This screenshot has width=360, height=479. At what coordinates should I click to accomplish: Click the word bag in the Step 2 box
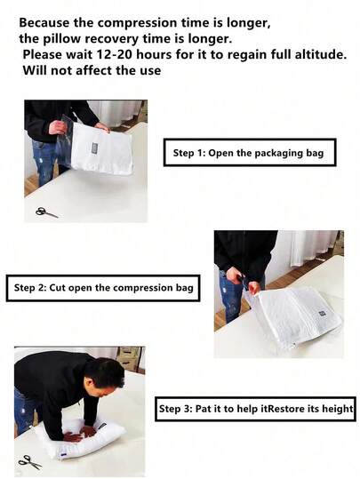[x=184, y=288]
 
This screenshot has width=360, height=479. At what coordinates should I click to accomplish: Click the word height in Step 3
[x=339, y=410]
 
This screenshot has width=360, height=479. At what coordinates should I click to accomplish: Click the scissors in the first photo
[x=46, y=212]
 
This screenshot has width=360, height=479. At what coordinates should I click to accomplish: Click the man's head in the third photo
[x=108, y=374]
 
